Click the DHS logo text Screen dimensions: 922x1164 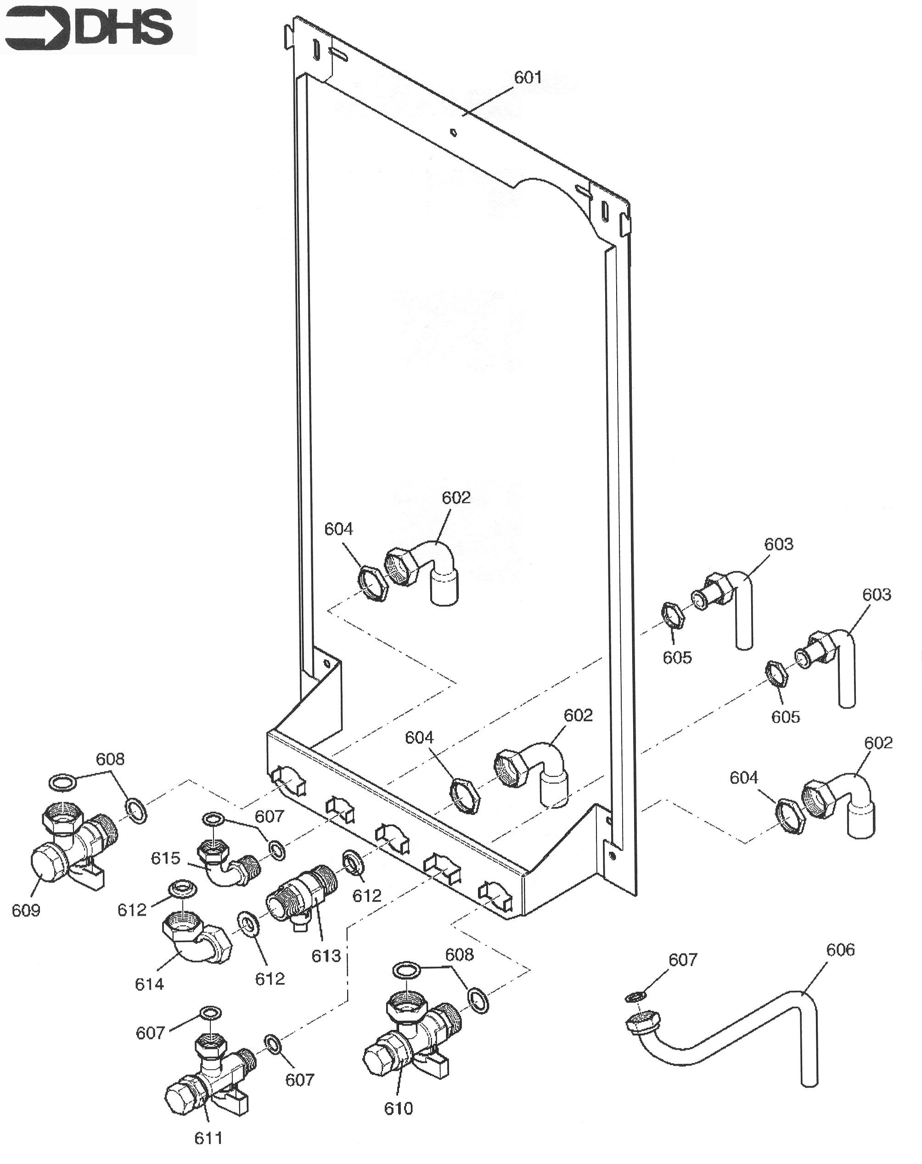coord(124,28)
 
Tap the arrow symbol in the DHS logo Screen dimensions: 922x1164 coord(37,28)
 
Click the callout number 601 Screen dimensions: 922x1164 coord(528,78)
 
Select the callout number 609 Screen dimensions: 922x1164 coord(26,911)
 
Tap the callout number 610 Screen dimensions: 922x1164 coord(399,1109)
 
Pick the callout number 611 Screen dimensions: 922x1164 coord(208,1139)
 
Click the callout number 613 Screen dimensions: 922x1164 coord(326,956)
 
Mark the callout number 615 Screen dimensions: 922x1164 coord(165,858)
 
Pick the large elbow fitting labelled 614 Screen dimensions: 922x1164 coord(197,940)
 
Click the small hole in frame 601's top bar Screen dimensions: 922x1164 coord(454,132)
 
